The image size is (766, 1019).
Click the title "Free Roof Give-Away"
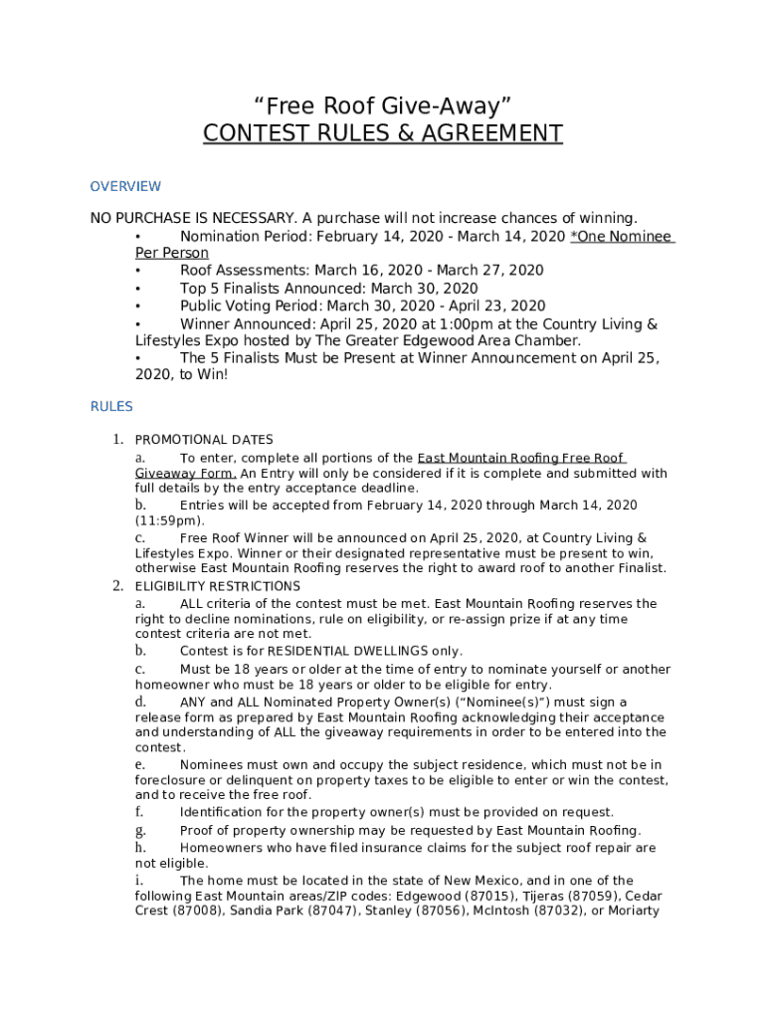pyautogui.click(x=383, y=105)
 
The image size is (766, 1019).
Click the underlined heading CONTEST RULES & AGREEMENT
pyautogui.click(x=383, y=133)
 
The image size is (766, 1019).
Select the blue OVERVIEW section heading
pyautogui.click(x=125, y=186)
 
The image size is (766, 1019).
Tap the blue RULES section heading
pyautogui.click(x=111, y=406)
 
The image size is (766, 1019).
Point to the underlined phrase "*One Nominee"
pyautogui.click(x=622, y=237)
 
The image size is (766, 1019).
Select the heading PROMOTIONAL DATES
pyautogui.click(x=204, y=440)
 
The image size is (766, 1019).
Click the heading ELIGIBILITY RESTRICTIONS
pyautogui.click(x=218, y=586)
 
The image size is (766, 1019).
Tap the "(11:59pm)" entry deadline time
pyautogui.click(x=170, y=520)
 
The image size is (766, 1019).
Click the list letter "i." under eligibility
pyautogui.click(x=138, y=881)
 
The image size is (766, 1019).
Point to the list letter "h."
pyautogui.click(x=140, y=848)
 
